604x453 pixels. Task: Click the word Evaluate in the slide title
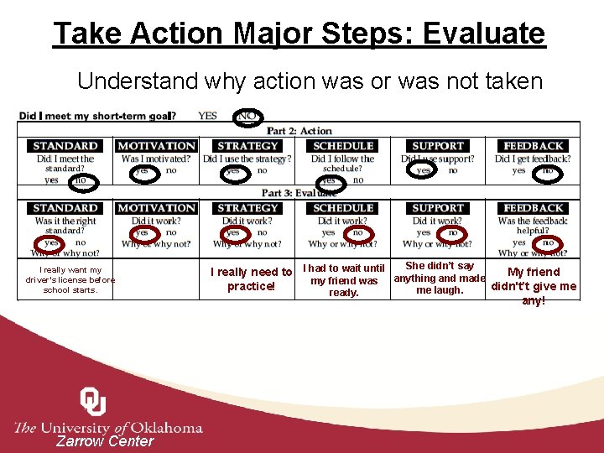point(484,34)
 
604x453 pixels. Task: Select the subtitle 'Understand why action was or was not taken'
point(310,81)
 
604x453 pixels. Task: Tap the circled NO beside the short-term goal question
point(247,116)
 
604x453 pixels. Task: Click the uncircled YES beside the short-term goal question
point(207,116)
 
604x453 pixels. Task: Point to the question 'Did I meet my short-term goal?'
point(97,116)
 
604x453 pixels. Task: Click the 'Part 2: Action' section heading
point(299,131)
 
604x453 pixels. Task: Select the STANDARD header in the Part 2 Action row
point(65,146)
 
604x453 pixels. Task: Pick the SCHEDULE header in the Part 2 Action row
point(342,146)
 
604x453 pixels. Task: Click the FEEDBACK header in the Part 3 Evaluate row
point(534,208)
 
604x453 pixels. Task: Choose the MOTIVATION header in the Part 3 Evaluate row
point(156,208)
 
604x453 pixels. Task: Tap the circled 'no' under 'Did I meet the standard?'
point(81,180)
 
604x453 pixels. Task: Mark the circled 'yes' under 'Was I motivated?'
point(143,170)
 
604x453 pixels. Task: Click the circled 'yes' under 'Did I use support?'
point(424,170)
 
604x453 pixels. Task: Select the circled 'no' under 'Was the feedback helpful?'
point(548,243)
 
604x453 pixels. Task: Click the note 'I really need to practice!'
point(251,279)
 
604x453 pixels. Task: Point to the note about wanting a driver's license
point(70,280)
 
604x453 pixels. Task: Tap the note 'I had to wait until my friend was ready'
point(344,280)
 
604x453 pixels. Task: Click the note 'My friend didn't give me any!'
point(534,285)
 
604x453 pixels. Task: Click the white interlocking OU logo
point(92,402)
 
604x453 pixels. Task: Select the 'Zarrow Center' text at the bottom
point(105,441)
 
